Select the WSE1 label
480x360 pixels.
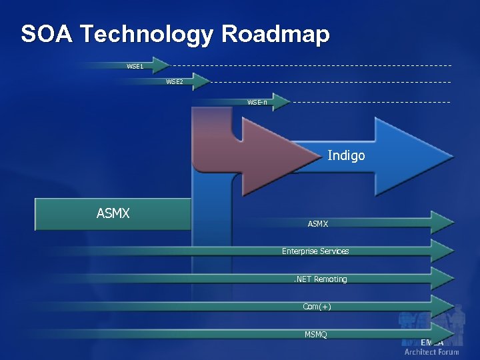click(x=135, y=66)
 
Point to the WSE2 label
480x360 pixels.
click(x=175, y=82)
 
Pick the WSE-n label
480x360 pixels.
click(x=257, y=102)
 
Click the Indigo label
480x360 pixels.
click(x=347, y=156)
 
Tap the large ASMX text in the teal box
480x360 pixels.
click(x=113, y=214)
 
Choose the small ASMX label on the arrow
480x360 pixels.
click(x=318, y=224)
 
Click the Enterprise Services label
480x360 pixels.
click(x=315, y=251)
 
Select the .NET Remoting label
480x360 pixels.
click(x=321, y=279)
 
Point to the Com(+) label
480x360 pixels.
click(x=317, y=307)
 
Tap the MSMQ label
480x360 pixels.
click(x=316, y=334)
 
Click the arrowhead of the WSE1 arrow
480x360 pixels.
click(x=161, y=65)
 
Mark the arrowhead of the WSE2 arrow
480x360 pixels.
click(x=201, y=81)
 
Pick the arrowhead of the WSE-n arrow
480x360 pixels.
click(x=281, y=101)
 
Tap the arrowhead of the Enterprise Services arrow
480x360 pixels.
click(x=443, y=251)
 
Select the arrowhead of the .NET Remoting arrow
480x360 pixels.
click(x=443, y=279)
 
